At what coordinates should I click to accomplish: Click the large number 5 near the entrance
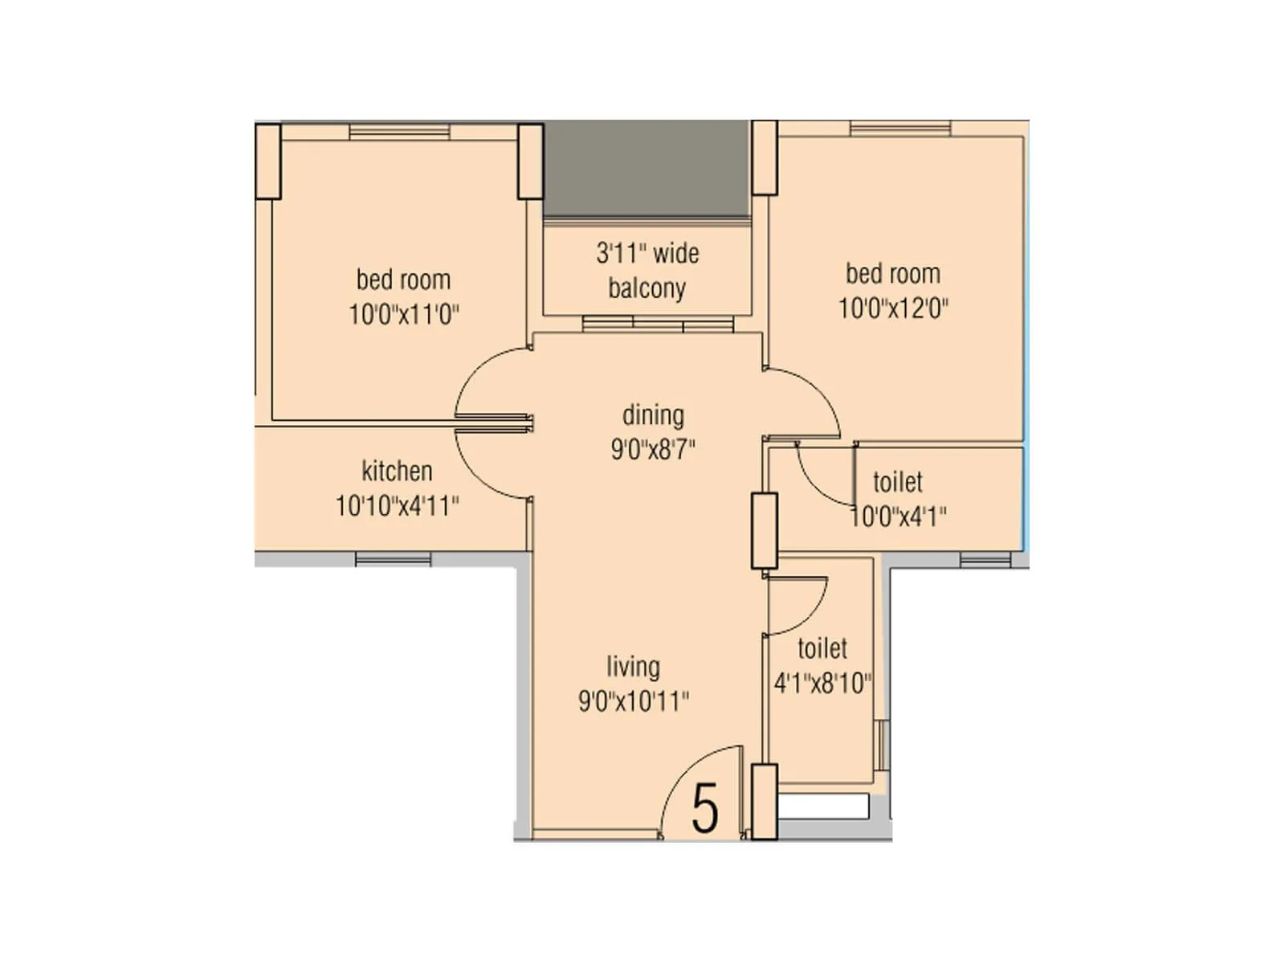[704, 809]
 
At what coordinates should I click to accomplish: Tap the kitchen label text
[397, 471]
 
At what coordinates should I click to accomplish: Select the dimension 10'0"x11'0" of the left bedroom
[403, 314]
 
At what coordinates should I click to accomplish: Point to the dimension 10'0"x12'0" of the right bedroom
[893, 308]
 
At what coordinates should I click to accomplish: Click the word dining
[653, 415]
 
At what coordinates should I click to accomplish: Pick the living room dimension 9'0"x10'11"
[634, 701]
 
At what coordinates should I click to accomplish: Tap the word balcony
[647, 288]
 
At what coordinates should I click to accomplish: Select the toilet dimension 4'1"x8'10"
[822, 684]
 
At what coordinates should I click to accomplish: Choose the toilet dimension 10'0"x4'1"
[898, 517]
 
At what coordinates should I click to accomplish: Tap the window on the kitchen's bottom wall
[393, 559]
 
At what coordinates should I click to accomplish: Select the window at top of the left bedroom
[399, 131]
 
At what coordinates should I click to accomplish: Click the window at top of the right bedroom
[900, 129]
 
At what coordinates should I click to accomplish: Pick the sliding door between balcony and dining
[658, 324]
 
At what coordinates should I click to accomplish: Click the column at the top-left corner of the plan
[267, 161]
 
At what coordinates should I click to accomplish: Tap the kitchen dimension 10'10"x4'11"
[397, 506]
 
